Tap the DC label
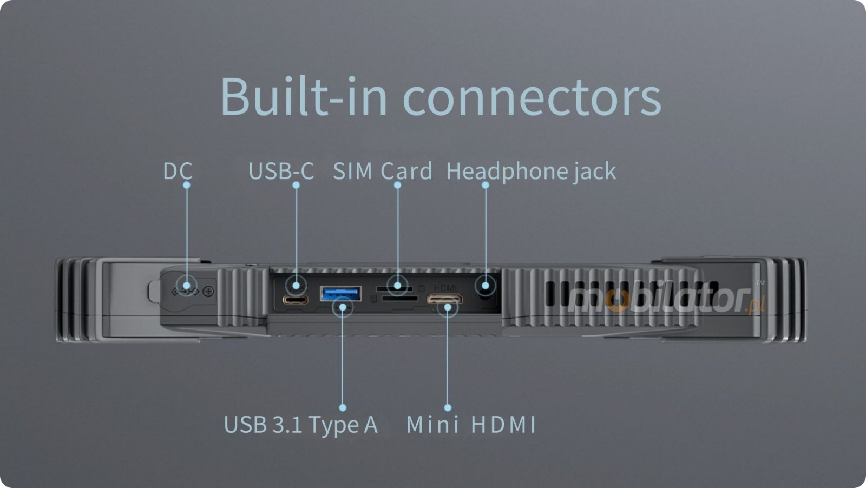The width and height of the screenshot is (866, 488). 178,172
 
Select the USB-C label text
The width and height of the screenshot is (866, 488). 281,172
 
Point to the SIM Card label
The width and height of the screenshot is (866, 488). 382,172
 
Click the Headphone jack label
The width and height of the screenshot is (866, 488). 530,172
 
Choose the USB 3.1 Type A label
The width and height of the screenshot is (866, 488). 300,424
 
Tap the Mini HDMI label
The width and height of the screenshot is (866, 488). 470,424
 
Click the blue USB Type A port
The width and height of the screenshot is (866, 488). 340,294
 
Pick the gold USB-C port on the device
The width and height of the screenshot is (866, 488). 296,300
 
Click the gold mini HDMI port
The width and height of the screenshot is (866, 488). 444,299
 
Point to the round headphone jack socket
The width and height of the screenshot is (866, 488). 486,287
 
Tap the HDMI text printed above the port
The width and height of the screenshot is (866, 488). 445,288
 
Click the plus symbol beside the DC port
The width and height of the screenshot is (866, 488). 208,292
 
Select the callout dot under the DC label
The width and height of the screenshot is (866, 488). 187,185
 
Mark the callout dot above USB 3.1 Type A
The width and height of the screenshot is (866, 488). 343,407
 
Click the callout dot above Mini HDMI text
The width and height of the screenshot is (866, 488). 448,407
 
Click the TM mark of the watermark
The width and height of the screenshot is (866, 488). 760,283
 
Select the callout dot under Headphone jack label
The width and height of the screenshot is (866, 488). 486,185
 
